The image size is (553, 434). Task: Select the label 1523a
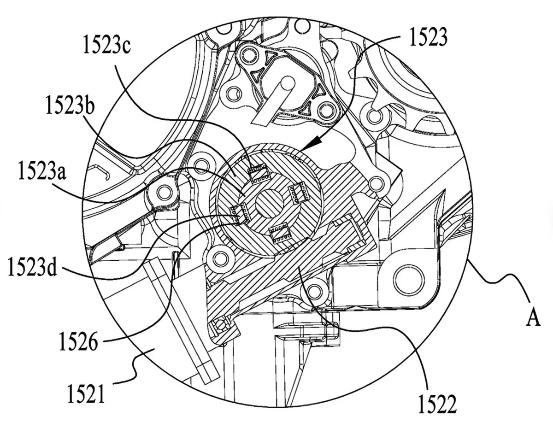[42, 170]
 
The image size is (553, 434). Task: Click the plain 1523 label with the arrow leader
[428, 37]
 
